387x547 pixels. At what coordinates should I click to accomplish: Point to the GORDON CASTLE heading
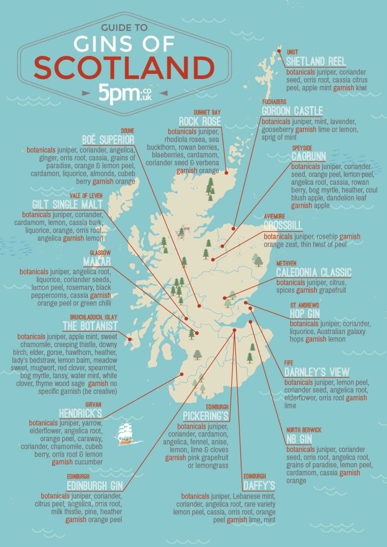coord(292,111)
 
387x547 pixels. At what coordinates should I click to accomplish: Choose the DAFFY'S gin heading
coord(259,485)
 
